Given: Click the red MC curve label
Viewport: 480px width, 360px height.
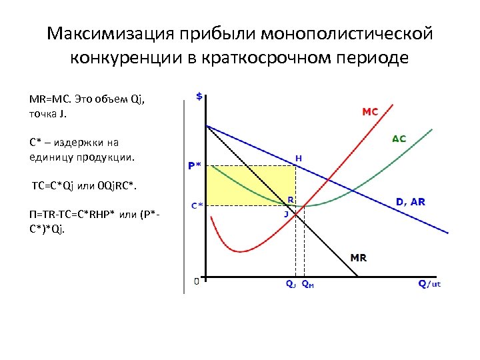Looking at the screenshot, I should pos(370,112).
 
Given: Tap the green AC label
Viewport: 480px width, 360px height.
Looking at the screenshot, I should pos(398,139).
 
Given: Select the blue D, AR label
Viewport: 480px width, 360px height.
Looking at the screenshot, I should pos(410,201).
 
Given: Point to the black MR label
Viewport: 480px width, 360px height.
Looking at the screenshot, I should pos(358,257).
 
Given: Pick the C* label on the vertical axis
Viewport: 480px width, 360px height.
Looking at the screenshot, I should pos(197,205).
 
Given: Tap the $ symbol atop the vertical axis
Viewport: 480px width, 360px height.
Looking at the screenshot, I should pos(199,96).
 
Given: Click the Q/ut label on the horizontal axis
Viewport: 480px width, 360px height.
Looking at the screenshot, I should pos(429,284).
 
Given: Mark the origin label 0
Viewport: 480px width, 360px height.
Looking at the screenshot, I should pos(196,281).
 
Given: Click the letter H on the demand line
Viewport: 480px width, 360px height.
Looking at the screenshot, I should pos(299,159).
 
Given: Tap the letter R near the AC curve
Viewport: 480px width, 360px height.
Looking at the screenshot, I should pos(291,199).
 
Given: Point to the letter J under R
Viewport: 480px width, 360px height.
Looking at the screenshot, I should pos(286,214).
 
